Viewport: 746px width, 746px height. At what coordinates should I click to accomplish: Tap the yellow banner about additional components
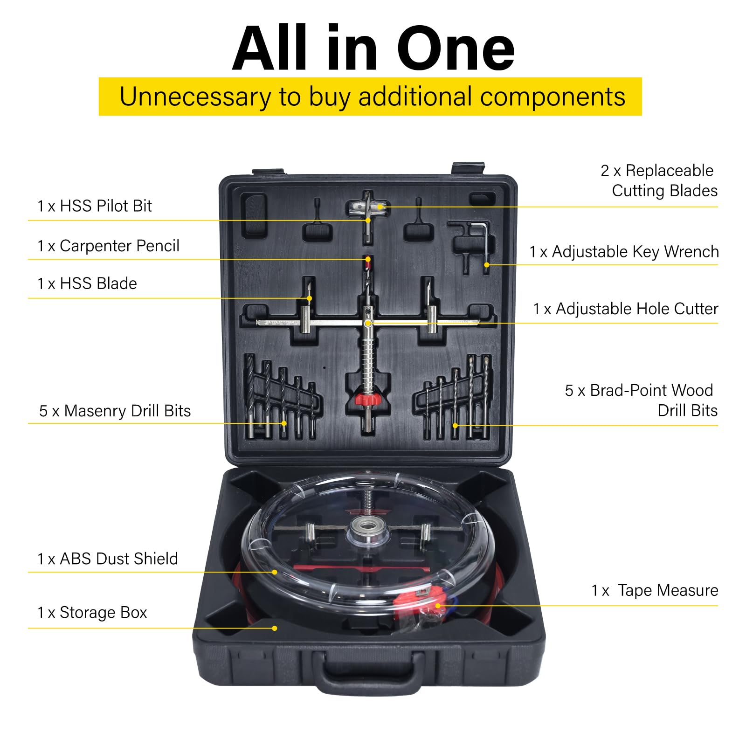[370, 97]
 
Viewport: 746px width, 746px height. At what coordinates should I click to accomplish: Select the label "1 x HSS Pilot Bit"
[95, 206]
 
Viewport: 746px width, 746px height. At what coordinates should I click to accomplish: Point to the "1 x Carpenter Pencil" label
[108, 246]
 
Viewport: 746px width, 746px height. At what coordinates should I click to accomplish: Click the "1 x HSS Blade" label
[87, 283]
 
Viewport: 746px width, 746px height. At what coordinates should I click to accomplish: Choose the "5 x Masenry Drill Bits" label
[115, 411]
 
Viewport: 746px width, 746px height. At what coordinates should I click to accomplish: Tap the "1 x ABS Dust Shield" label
[108, 559]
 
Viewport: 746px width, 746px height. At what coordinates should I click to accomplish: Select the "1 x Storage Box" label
[92, 612]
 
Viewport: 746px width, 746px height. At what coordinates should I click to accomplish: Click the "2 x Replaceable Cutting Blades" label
[659, 180]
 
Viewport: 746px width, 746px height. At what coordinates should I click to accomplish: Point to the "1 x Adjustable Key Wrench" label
[624, 252]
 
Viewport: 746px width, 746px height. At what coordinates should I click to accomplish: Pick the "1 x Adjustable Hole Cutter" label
[626, 309]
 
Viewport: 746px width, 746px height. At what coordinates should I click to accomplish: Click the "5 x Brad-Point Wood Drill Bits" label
[642, 400]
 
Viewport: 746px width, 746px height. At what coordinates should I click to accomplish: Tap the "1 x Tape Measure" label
[655, 590]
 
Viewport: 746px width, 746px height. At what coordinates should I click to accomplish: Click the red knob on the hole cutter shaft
[368, 400]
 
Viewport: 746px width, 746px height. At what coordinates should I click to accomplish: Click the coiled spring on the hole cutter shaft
[368, 364]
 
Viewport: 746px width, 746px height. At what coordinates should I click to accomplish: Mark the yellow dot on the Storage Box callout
[275, 628]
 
